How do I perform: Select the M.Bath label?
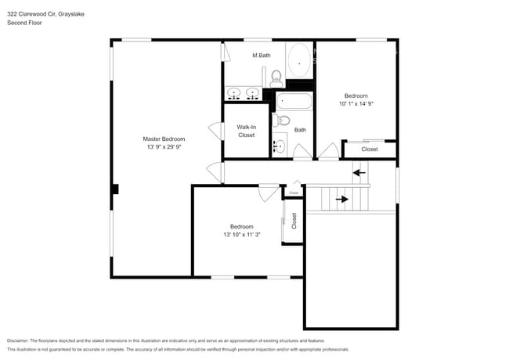click(261, 56)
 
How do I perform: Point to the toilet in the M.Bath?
click(276, 78)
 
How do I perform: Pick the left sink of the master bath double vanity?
click(234, 94)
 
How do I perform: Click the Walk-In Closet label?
click(247, 131)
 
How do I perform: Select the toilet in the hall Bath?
click(283, 120)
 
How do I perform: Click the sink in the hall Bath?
click(279, 146)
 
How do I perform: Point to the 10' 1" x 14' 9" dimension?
click(356, 103)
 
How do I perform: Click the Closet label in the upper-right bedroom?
click(370, 149)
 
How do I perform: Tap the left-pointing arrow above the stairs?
click(359, 171)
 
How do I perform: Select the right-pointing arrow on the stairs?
click(342, 199)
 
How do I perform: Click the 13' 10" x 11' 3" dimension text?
click(242, 235)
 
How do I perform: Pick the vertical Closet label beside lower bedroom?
click(294, 221)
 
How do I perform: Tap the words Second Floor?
click(24, 23)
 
